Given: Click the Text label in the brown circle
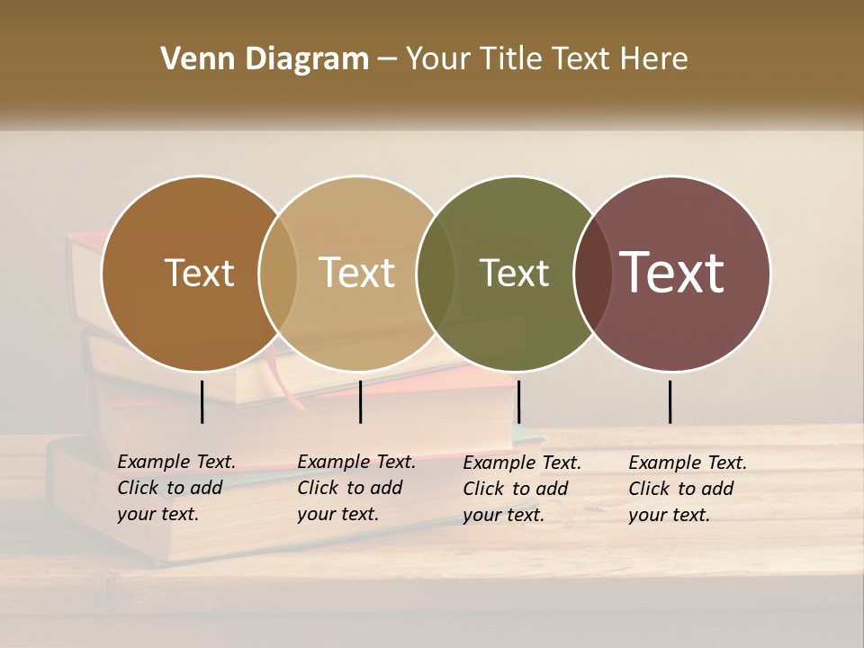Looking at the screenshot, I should pos(199,273).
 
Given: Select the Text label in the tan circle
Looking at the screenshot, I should pos(357,273).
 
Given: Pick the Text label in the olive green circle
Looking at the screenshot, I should pos(514,273).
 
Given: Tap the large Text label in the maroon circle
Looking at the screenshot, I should pos(672,273).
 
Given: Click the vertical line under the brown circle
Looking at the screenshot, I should pos(202,401).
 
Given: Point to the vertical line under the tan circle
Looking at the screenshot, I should pos(360,401).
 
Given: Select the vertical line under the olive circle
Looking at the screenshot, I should pos(518,401).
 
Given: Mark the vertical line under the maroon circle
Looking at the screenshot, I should pos(670,401).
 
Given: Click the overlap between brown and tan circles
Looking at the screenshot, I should pos(278,273).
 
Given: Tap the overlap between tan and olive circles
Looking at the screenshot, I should pos(436,273).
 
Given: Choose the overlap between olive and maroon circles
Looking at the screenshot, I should pos(593,273).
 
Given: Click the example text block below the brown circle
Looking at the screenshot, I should pos(175,488).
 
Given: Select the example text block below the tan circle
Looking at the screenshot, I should pos(355,488).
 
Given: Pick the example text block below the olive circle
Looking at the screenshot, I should pos(521,489).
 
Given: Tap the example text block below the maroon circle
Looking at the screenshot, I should pos(687,489).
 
